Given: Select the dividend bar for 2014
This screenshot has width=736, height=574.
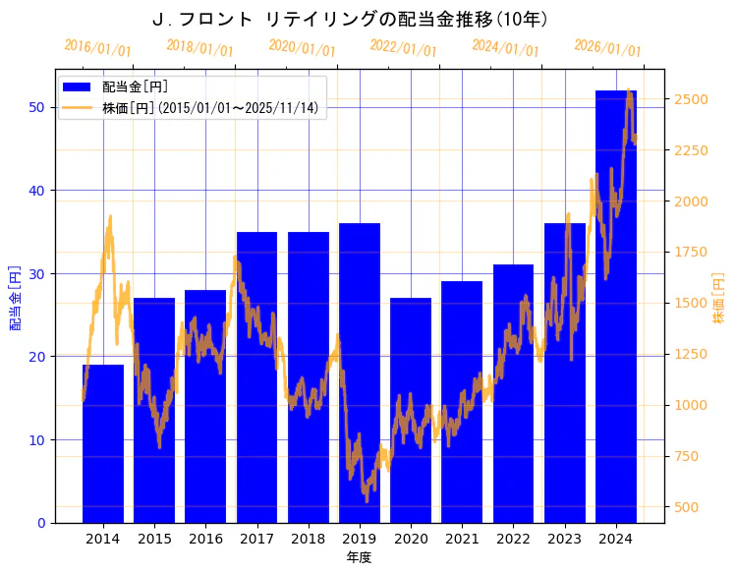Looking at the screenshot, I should [x=103, y=443].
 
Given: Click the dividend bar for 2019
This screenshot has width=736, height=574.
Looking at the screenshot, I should [x=360, y=373].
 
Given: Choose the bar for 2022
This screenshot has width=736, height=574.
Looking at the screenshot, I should [x=513, y=393].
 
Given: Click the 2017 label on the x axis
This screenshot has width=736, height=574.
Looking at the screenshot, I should [x=256, y=539].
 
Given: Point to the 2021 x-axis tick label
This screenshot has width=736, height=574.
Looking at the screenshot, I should [x=462, y=539].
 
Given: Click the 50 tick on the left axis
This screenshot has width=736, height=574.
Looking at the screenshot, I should [x=35, y=107].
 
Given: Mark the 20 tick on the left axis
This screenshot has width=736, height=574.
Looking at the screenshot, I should [x=35, y=357].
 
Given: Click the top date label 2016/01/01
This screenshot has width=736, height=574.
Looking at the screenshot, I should [x=97, y=48].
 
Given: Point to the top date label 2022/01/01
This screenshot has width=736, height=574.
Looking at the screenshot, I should [x=404, y=48].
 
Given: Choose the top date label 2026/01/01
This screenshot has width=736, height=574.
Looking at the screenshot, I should [x=607, y=48].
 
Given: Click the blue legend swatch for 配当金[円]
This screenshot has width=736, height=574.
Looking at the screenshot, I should [x=78, y=86].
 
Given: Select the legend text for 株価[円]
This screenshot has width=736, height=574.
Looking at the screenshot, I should [x=210, y=108].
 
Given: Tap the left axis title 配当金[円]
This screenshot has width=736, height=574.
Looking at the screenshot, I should [x=15, y=297].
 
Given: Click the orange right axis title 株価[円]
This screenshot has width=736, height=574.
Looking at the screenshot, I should [x=718, y=297].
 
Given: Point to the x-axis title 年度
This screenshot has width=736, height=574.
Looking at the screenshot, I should [x=359, y=557].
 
